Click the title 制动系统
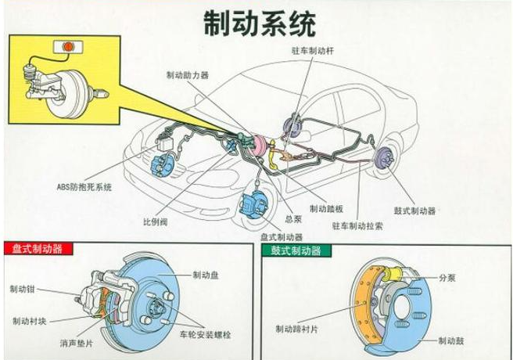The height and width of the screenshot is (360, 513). [259, 23]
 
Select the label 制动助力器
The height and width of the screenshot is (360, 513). [188, 76]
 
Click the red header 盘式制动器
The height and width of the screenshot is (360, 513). [35, 250]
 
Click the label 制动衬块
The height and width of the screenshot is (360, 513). [28, 320]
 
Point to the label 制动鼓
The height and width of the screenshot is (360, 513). [452, 340]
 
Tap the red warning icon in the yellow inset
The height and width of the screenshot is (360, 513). [68, 47]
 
